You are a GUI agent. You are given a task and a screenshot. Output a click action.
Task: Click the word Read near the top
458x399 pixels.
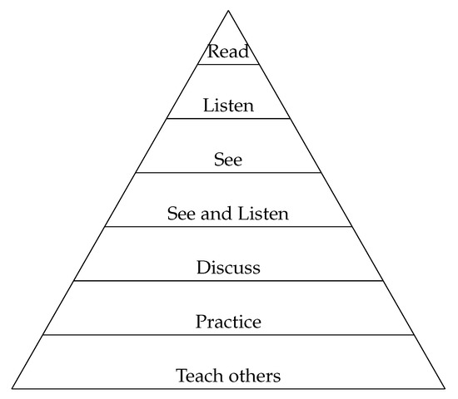(228, 52)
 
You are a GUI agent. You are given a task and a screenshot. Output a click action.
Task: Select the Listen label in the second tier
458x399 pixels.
(228, 106)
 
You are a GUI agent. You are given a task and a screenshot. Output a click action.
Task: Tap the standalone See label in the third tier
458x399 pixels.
(228, 160)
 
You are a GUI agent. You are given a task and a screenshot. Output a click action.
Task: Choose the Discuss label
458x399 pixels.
(228, 268)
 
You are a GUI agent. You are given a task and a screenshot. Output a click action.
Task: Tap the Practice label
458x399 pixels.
(228, 321)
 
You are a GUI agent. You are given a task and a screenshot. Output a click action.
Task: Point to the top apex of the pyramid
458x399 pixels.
(228, 10)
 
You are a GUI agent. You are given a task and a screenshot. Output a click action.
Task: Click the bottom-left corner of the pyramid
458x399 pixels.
(12, 389)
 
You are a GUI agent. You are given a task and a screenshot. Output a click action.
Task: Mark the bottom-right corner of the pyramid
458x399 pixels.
(444, 389)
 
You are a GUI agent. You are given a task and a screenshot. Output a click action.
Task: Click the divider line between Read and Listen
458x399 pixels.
(228, 64)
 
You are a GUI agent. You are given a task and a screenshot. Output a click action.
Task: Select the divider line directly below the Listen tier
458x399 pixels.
(228, 118)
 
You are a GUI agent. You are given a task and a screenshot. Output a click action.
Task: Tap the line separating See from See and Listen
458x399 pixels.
(228, 172)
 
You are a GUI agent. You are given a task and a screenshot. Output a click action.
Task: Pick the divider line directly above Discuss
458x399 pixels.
(228, 226)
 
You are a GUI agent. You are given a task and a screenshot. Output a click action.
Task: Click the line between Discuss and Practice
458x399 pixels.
(228, 280)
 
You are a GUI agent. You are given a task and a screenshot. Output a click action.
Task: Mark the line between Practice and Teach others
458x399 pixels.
(228, 334)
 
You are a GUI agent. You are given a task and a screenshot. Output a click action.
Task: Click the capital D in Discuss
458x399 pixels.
(202, 268)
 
